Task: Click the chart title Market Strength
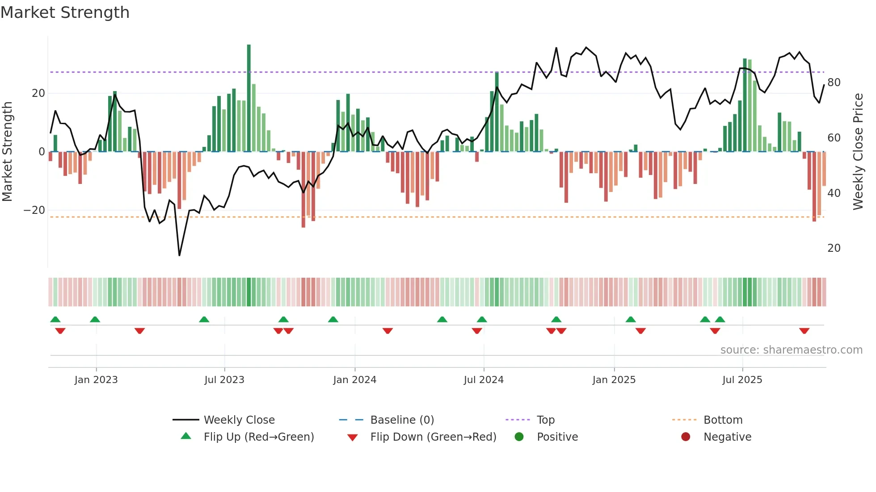click(65, 13)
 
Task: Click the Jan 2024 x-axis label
click(354, 380)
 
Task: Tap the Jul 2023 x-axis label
click(224, 380)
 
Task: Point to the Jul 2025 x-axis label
click(742, 380)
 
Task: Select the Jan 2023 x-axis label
click(96, 380)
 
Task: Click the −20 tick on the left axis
click(34, 210)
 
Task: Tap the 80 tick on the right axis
click(834, 83)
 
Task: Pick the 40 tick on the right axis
click(834, 193)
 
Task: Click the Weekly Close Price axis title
click(858, 152)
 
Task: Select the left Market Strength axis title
click(7, 152)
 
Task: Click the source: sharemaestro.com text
click(791, 350)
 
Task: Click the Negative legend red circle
click(685, 437)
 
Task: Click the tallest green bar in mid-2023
click(249, 98)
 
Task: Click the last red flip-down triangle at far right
click(804, 331)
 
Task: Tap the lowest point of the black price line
click(179, 255)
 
